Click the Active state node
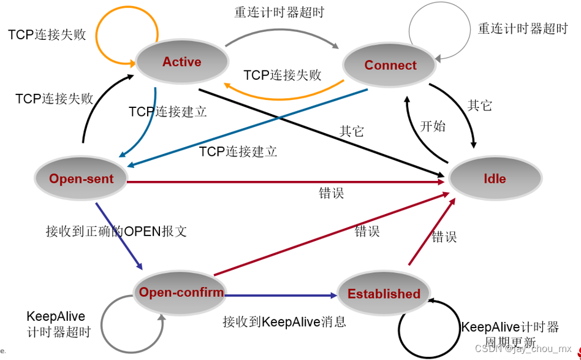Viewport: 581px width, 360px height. click(181, 62)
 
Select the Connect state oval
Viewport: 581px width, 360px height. click(390, 66)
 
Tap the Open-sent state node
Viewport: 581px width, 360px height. click(81, 179)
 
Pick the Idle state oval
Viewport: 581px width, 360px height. click(495, 179)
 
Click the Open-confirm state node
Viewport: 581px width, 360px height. click(181, 292)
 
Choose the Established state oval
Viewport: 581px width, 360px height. click(384, 294)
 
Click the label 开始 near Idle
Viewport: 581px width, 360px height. click(432, 126)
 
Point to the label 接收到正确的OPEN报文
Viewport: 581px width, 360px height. click(116, 231)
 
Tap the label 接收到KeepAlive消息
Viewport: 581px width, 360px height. click(284, 321)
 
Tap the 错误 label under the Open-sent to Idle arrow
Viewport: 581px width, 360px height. click(332, 193)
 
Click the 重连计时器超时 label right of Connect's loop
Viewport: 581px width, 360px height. click(522, 29)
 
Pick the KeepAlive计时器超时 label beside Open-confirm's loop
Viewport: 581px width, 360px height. click(58, 324)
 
